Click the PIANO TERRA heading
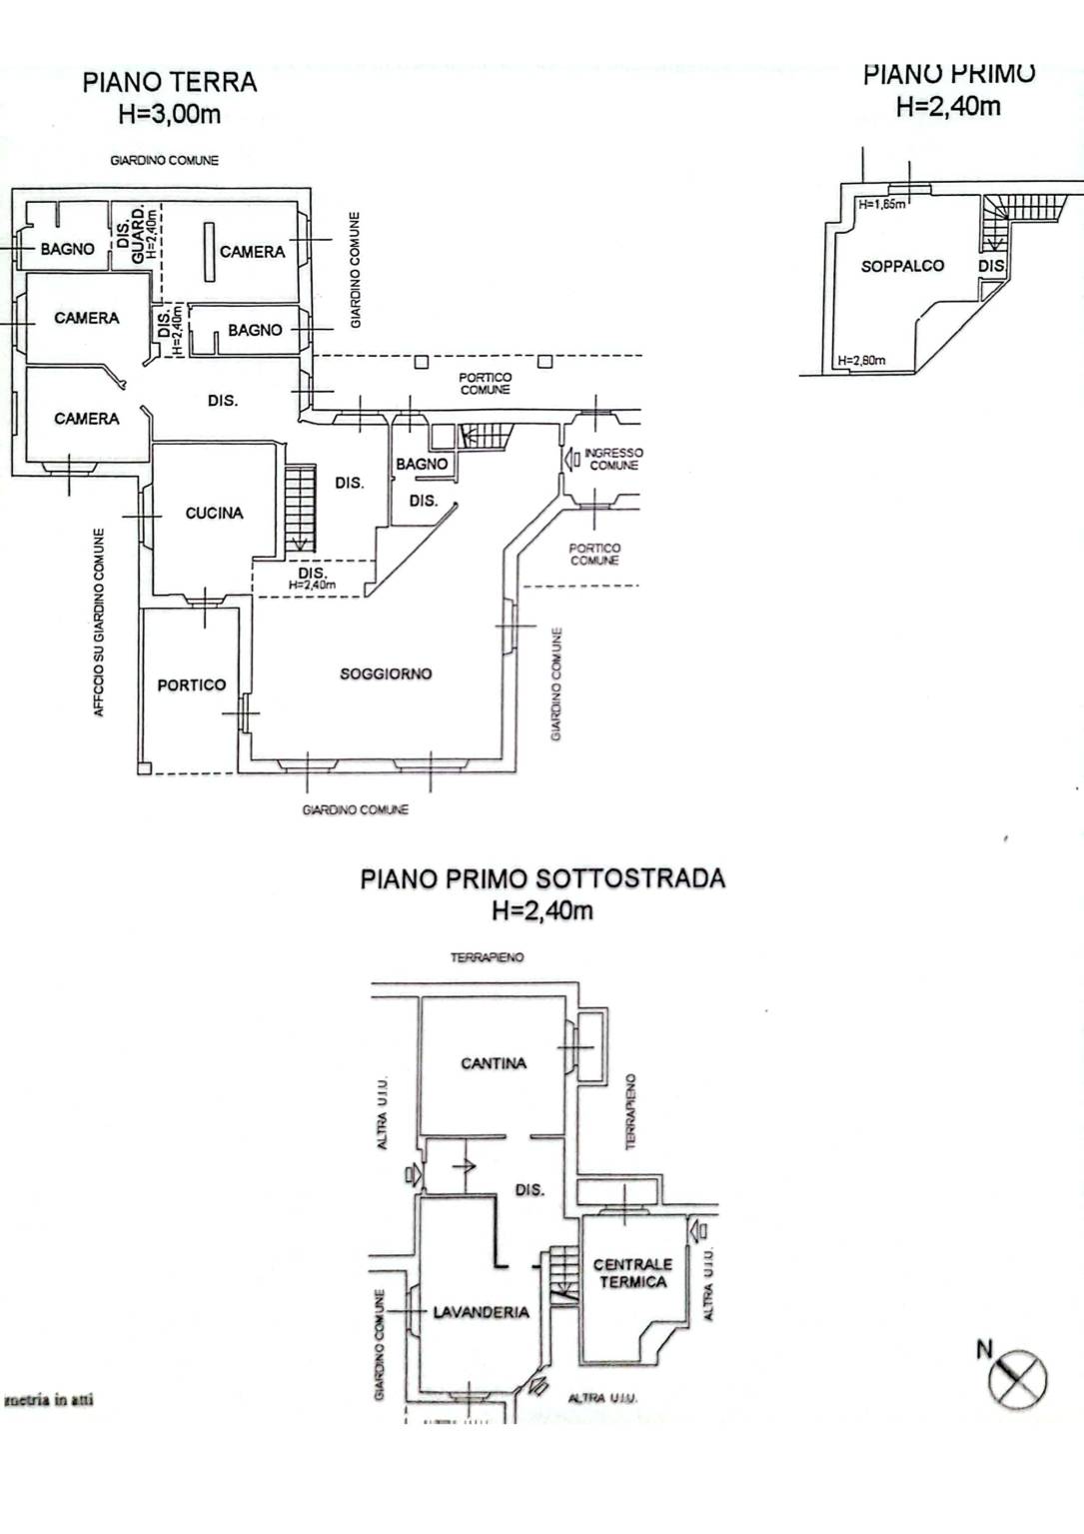tap(170, 82)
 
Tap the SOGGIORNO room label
tap(386, 675)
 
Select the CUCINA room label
tap(214, 513)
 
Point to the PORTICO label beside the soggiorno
tap(191, 686)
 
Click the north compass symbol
tap(1017, 1379)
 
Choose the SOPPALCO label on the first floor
tap(902, 266)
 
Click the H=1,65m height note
tap(881, 205)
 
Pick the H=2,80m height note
tap(861, 361)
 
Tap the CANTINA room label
tap(493, 1063)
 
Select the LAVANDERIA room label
tap(481, 1312)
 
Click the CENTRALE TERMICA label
tap(632, 1273)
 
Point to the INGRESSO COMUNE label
tap(613, 459)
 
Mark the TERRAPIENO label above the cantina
tap(487, 957)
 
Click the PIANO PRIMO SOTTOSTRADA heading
tap(542, 878)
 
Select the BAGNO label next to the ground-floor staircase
tap(422, 464)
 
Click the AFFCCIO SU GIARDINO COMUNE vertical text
tap(99, 622)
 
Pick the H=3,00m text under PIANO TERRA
tap(169, 114)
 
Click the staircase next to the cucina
tap(300, 510)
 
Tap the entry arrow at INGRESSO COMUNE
tap(572, 460)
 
